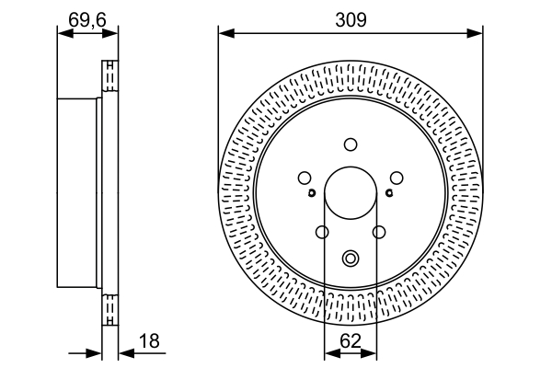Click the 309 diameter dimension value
tap(351, 17)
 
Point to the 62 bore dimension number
tap(351, 341)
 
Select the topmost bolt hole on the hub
tap(351, 144)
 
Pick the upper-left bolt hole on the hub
tap(305, 178)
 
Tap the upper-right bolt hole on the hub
tap(397, 178)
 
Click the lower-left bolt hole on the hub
tap(322, 233)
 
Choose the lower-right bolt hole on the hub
tap(379, 233)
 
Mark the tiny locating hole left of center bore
tap(313, 192)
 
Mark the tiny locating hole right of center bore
tap(389, 192)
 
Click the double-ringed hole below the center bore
tap(351, 259)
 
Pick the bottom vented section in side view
tap(110, 310)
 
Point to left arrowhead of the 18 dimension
tap(95, 352)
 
